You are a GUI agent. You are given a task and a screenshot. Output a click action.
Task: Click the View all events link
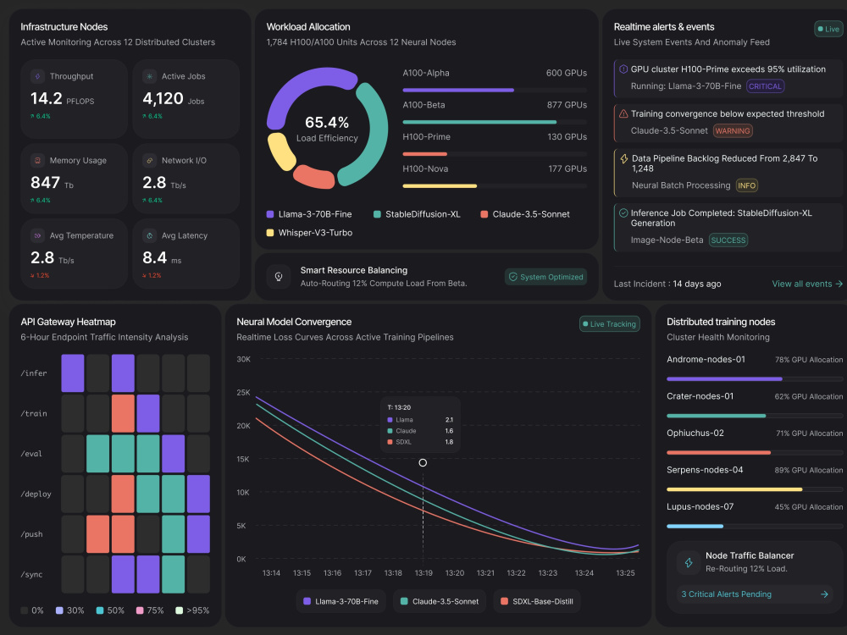coord(807,284)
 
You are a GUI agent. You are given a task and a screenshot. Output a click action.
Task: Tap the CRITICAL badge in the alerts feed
coord(765,86)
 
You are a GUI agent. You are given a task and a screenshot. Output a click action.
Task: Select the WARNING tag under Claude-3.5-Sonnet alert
coord(733,130)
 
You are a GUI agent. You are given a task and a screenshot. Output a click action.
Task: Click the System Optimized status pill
coord(546,277)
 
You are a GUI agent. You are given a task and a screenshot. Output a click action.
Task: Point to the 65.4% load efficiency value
coord(327,123)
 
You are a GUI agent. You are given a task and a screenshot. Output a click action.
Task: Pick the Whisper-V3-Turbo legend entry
coord(309,233)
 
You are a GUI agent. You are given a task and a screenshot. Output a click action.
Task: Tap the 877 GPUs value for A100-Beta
coord(567,105)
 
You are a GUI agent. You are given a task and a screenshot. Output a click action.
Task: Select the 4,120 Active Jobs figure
coord(163,98)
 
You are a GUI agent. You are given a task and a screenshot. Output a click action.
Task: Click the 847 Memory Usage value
coord(46,183)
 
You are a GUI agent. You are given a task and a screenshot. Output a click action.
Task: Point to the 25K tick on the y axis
coord(244,393)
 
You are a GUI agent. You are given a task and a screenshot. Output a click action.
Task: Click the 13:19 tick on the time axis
coord(423,573)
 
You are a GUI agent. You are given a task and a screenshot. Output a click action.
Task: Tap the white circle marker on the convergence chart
coord(423,463)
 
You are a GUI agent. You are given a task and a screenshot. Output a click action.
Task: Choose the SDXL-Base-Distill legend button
coord(537,601)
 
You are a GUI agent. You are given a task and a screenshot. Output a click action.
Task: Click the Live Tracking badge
coord(609,324)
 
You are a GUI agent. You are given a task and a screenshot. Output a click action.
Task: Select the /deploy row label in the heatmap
coord(36,494)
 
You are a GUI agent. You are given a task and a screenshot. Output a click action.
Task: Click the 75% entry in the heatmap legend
coord(150,610)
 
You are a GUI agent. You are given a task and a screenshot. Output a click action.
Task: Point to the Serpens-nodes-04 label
coord(705,470)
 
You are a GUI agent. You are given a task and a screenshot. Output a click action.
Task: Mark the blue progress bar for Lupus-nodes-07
coord(695,526)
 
